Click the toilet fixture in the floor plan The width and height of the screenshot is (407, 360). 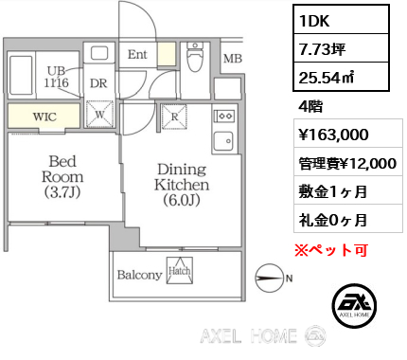pyautogui.click(x=195, y=57)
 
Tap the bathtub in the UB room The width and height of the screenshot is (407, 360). pyautogui.click(x=21, y=75)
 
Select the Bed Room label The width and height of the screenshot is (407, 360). pyautogui.click(x=62, y=177)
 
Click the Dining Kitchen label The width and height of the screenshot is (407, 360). pyautogui.click(x=182, y=185)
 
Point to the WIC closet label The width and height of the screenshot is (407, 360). pyautogui.click(x=44, y=117)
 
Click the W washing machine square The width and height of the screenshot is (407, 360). pyautogui.click(x=99, y=114)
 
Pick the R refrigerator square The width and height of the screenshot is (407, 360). pyautogui.click(x=174, y=117)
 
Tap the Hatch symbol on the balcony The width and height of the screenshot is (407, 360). pyautogui.click(x=180, y=270)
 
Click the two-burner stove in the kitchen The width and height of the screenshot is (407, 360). pyautogui.click(x=224, y=116)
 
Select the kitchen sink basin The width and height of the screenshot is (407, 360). pyautogui.click(x=223, y=141)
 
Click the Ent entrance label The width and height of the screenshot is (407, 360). pyautogui.click(x=137, y=55)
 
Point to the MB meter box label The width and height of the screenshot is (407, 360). pyautogui.click(x=233, y=59)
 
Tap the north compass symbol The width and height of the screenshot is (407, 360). pyautogui.click(x=269, y=278)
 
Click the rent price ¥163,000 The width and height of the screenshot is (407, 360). pyautogui.click(x=333, y=135)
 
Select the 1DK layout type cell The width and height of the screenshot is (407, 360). pyautogui.click(x=341, y=20)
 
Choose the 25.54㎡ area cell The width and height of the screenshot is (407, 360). pyautogui.click(x=341, y=77)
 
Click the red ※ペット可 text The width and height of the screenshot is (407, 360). pyautogui.click(x=331, y=250)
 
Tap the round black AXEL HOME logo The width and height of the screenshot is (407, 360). pyautogui.click(x=354, y=305)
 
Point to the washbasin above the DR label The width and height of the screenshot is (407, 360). pyautogui.click(x=99, y=53)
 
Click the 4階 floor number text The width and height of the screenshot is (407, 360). pyautogui.click(x=310, y=106)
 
